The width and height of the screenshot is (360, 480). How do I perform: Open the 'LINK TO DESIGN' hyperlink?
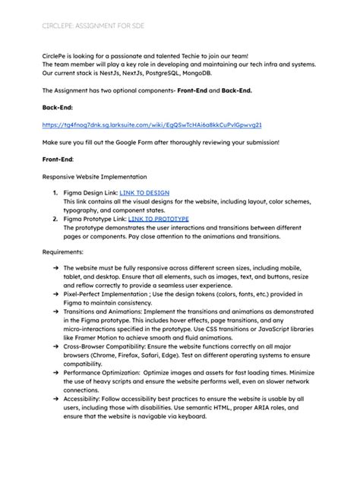(x=144, y=194)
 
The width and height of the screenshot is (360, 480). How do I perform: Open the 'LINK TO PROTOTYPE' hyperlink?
(x=158, y=219)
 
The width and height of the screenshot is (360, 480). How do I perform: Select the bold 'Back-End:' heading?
(x=58, y=107)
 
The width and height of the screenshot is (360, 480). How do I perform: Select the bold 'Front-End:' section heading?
(x=59, y=159)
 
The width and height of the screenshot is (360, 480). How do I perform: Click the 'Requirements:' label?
(x=63, y=251)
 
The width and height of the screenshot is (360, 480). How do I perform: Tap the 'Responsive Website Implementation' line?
(x=94, y=177)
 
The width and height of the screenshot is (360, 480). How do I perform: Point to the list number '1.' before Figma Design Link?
(x=55, y=194)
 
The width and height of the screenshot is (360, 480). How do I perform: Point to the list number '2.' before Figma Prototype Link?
(x=55, y=219)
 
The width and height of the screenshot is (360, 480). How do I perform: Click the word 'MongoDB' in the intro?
(x=200, y=73)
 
